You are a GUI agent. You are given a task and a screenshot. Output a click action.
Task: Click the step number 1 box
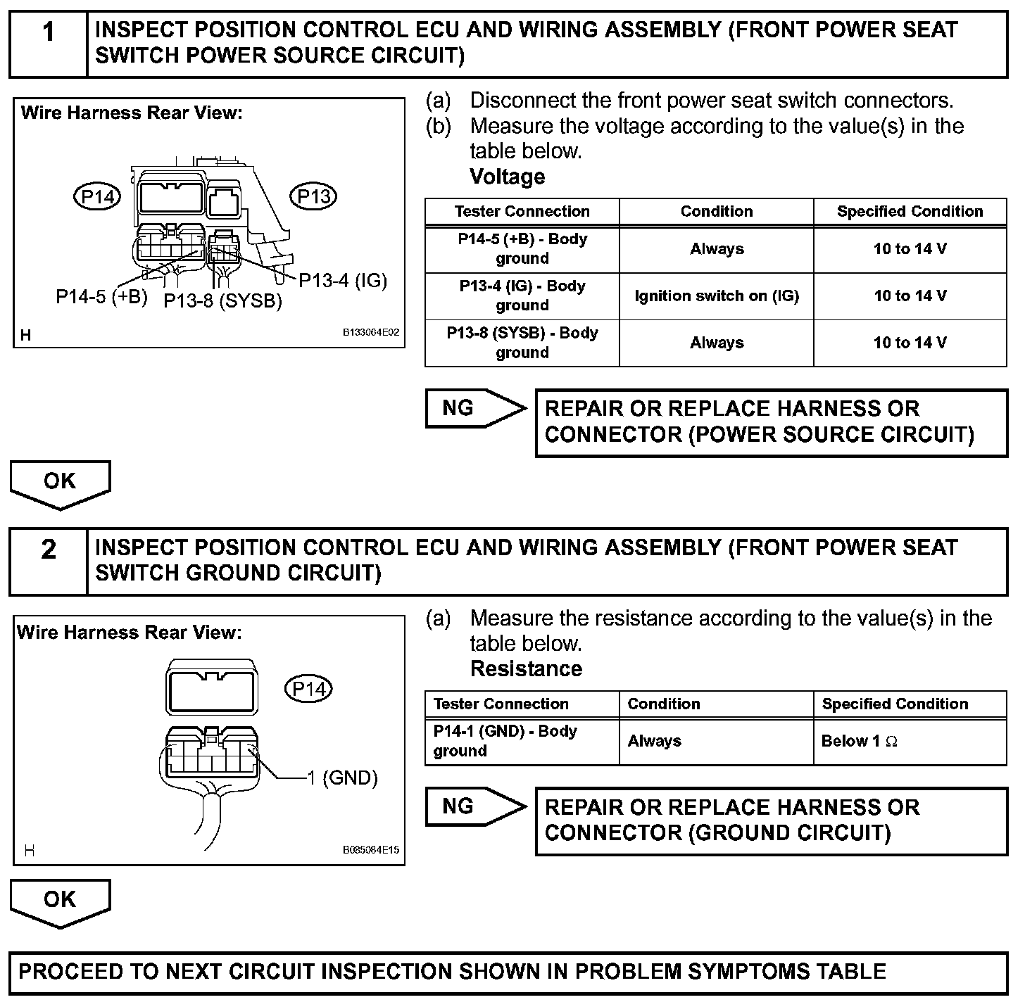click(48, 44)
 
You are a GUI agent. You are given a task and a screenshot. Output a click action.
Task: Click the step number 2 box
click(48, 561)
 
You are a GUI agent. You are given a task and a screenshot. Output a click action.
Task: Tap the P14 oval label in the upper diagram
click(97, 197)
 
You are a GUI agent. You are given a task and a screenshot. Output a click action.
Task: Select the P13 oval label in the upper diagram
click(314, 197)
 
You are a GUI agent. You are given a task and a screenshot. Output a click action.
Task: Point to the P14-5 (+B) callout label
click(101, 296)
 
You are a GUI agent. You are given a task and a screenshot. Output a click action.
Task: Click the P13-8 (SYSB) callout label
click(222, 301)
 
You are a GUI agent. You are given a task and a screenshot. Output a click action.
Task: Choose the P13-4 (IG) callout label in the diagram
click(343, 281)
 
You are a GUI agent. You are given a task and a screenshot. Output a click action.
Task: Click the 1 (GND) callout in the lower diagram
click(342, 778)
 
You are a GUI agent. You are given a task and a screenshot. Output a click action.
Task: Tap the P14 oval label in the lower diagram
click(308, 689)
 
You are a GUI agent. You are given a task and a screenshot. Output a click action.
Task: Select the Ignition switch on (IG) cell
click(717, 296)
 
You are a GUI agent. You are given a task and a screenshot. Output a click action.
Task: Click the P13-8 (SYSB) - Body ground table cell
click(522, 343)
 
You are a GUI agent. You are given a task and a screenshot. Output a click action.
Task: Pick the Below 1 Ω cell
click(859, 741)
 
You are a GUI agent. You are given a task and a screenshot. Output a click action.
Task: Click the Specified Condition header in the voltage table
click(910, 212)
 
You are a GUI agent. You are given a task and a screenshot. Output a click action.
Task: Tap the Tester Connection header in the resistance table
click(501, 704)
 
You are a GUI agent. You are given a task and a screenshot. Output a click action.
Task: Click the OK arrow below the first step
click(60, 483)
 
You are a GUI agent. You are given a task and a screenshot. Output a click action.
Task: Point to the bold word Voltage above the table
click(508, 177)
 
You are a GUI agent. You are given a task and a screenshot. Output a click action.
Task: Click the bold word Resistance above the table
click(526, 668)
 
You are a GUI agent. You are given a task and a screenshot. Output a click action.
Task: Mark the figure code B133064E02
click(371, 332)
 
